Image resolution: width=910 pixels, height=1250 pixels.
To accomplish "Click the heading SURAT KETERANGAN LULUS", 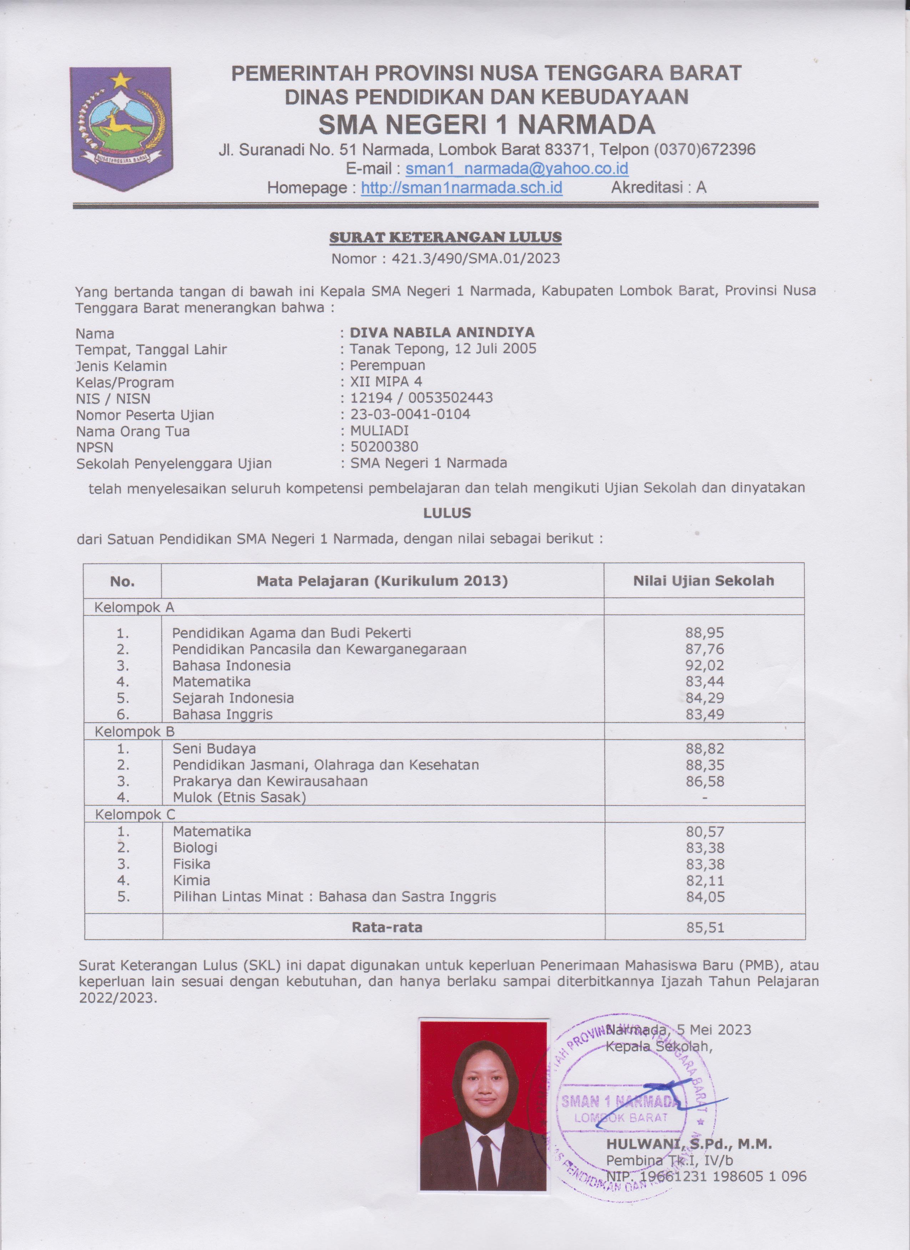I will pyautogui.click(x=445, y=237).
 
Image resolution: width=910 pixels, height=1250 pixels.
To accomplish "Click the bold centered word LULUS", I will pyautogui.click(x=447, y=513).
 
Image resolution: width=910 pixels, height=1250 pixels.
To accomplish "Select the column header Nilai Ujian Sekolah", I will pyautogui.click(x=703, y=580).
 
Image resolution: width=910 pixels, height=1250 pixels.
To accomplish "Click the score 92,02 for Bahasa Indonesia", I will pyautogui.click(x=704, y=665).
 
